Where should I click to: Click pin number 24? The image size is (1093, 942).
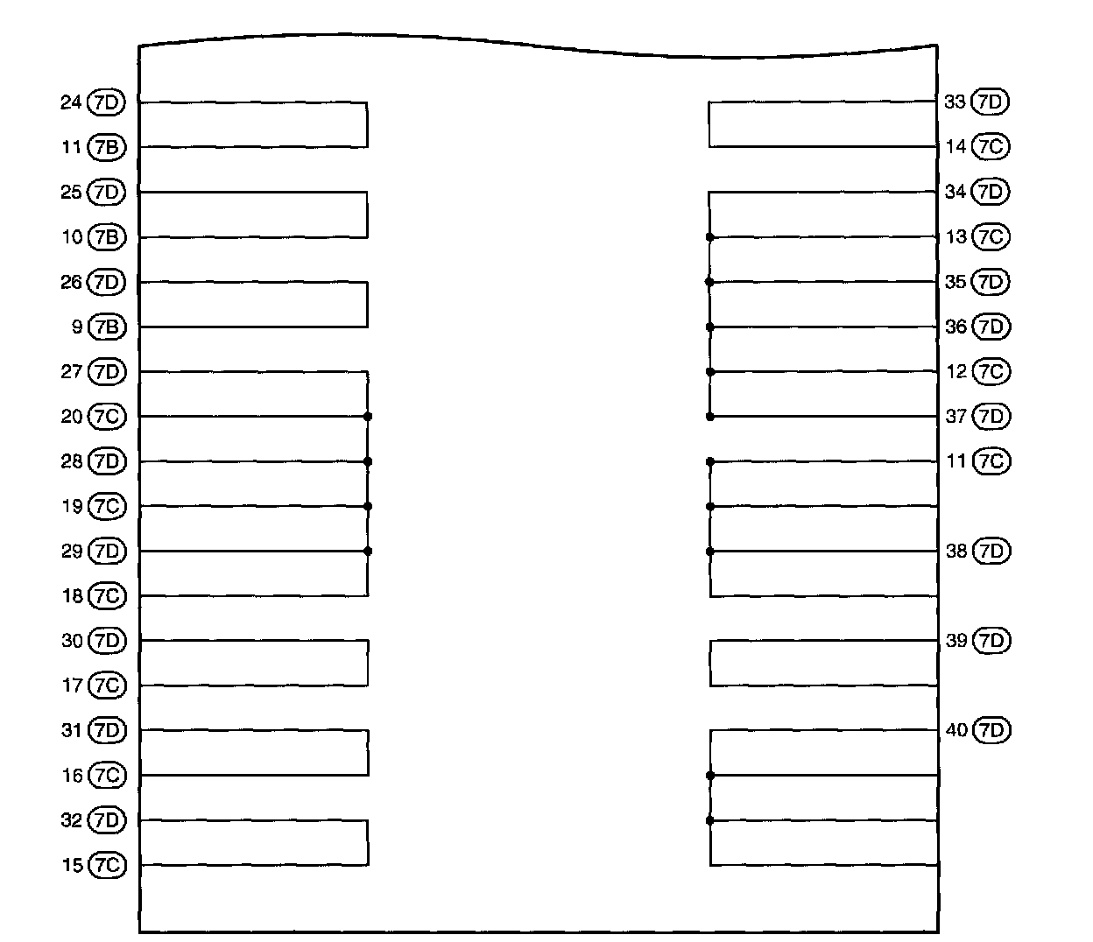(71, 102)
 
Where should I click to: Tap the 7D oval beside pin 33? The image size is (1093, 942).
(991, 102)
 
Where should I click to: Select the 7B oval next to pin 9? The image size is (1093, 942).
(107, 327)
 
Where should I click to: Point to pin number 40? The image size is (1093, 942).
(956, 730)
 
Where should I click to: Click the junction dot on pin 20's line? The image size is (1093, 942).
(368, 417)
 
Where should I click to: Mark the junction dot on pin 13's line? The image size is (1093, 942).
(709, 237)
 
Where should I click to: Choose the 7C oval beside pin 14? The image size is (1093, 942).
(991, 147)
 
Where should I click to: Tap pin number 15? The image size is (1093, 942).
(72, 866)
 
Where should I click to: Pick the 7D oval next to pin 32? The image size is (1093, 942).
(107, 820)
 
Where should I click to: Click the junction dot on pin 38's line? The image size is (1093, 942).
(709, 552)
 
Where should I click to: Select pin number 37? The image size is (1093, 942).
(956, 417)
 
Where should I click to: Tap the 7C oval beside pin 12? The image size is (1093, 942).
(991, 372)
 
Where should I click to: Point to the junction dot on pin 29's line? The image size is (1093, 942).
(368, 552)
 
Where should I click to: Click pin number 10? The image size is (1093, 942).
(72, 237)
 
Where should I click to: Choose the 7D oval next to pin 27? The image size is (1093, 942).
(107, 372)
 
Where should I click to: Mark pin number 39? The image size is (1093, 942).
(956, 641)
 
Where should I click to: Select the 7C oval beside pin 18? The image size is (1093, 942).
(107, 596)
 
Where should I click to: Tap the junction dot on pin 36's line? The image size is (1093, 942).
(709, 327)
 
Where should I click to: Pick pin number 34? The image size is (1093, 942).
(956, 192)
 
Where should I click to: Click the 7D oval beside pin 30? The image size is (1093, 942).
(107, 641)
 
